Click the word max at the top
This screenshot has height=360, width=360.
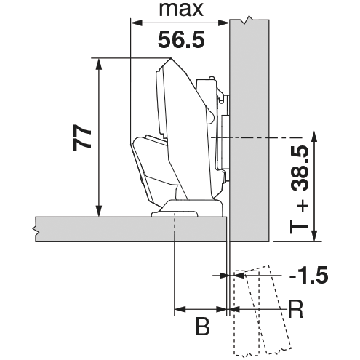181,9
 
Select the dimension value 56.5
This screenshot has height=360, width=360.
181,40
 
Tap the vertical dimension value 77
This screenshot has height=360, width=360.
82,137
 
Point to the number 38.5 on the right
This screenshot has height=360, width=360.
299,168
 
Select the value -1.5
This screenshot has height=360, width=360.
308,275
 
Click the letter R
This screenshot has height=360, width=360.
295,309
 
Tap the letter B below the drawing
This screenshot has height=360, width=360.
202,327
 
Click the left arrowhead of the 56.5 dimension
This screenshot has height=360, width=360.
136,23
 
